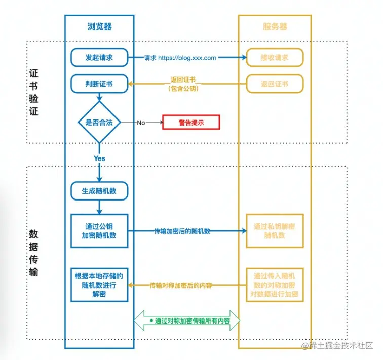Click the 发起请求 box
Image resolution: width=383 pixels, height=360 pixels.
tap(99, 58)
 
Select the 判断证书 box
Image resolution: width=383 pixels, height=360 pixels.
tap(99, 84)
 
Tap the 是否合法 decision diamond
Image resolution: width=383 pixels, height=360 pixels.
tap(99, 122)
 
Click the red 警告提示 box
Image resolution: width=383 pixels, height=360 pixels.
tap(190, 123)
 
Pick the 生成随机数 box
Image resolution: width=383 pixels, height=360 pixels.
tap(99, 190)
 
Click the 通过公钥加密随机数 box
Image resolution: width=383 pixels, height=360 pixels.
tap(99, 231)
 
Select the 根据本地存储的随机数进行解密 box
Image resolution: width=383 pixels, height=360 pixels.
tap(99, 285)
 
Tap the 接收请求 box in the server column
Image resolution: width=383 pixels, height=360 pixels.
tap(275, 58)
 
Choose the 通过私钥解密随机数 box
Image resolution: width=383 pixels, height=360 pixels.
tap(275, 231)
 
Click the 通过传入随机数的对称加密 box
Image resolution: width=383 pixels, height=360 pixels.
tap(275, 285)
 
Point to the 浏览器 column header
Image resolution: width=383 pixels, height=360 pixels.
tap(99, 26)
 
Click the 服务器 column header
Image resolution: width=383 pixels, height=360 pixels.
tap(274, 26)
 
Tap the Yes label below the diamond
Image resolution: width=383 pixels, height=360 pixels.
tap(99, 158)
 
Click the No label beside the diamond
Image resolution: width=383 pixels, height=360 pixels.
tap(141, 123)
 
